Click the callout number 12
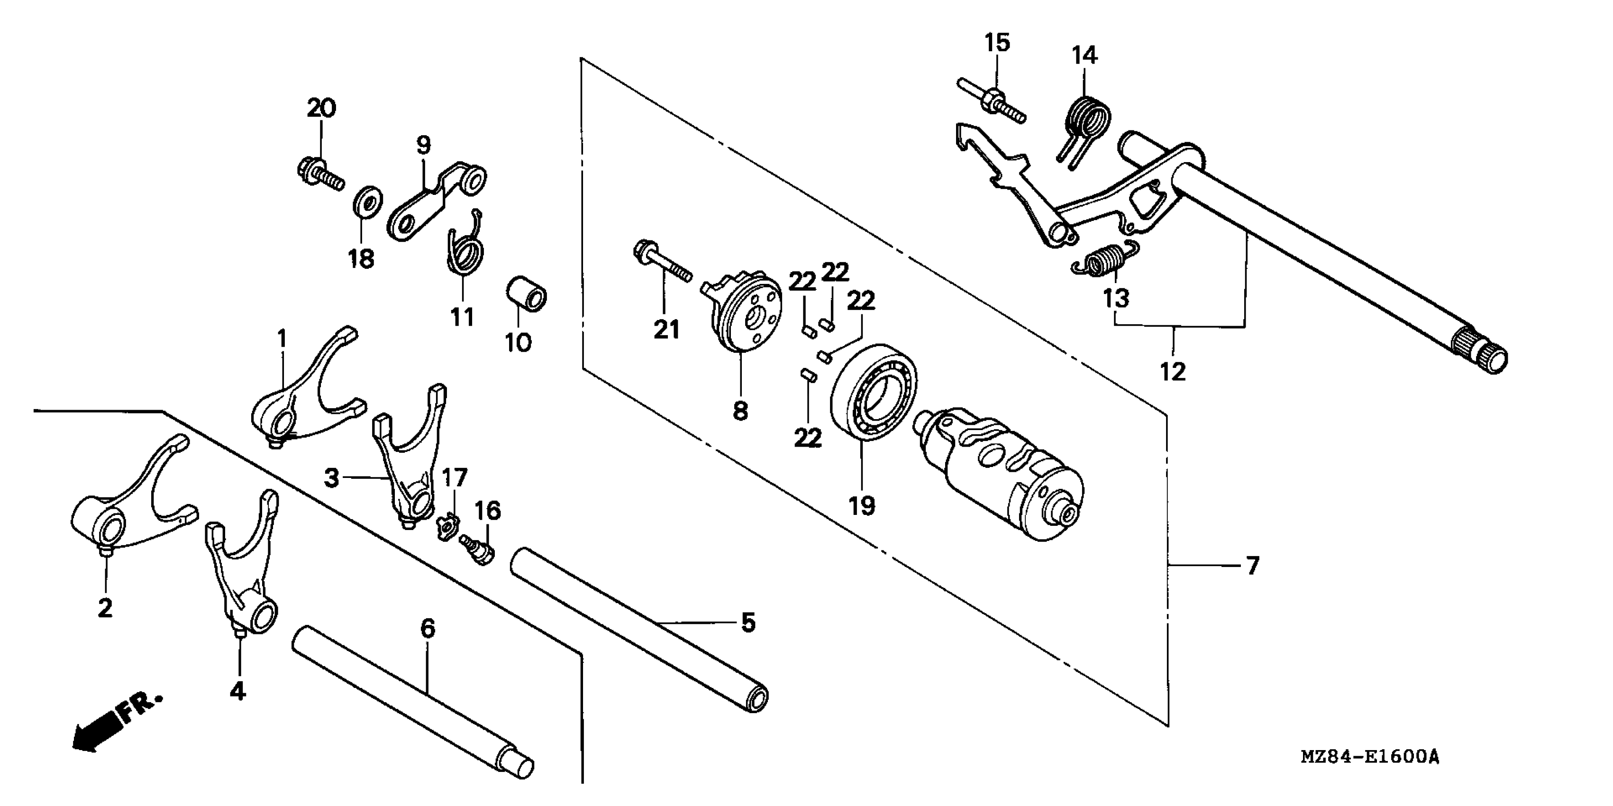click(x=1173, y=372)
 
